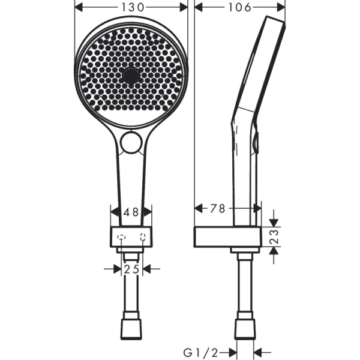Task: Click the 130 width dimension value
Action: point(131,7)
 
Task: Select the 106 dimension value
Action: point(240,7)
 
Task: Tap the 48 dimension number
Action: point(131,212)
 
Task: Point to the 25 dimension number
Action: point(131,269)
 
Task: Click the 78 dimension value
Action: point(218,208)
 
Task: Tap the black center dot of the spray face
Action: point(131,76)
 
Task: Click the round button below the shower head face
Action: point(131,142)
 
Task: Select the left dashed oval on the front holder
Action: point(121,236)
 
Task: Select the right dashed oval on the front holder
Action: point(143,236)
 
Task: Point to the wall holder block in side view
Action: point(227,237)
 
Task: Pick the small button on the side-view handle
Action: point(257,143)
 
